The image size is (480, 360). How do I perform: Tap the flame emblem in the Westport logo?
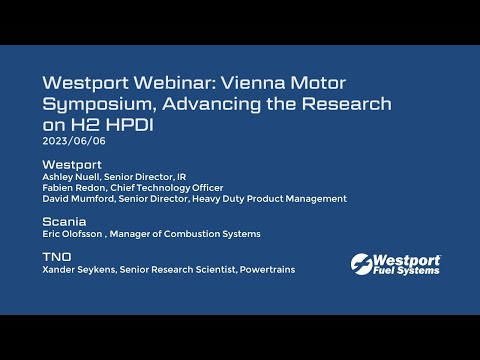(x=364, y=263)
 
